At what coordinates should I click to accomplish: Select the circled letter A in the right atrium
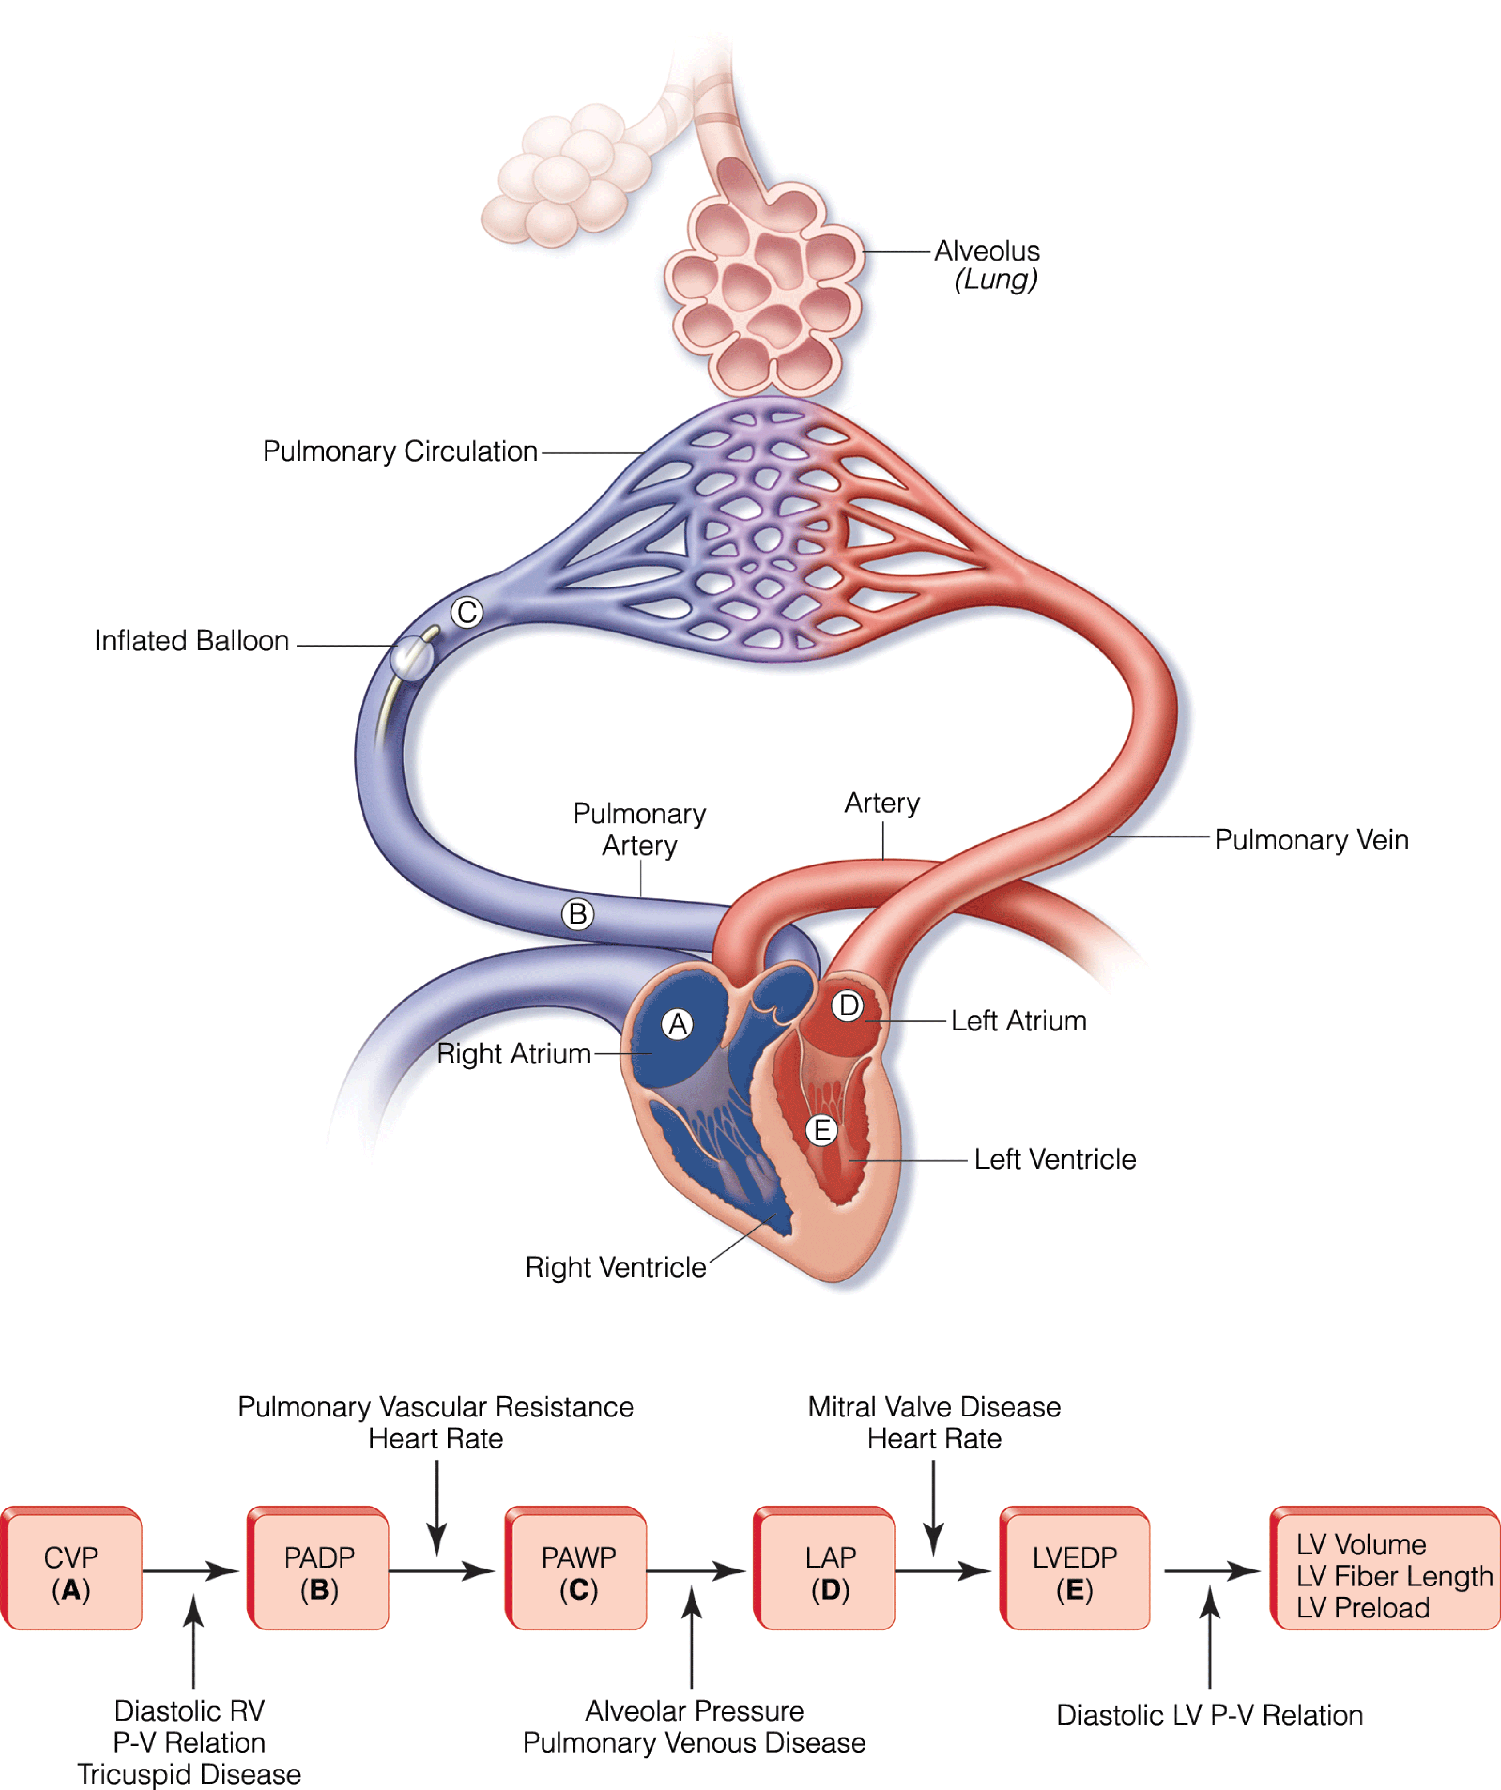click(678, 1024)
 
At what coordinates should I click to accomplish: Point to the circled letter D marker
click(848, 1006)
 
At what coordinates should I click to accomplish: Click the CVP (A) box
click(72, 1573)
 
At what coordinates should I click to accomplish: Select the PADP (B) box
click(319, 1573)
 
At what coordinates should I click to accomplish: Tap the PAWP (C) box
click(578, 1573)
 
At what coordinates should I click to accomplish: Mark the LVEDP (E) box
click(1075, 1573)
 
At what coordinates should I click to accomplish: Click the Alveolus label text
click(987, 251)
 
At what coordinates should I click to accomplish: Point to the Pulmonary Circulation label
click(400, 451)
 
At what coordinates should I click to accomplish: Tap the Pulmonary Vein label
click(1311, 840)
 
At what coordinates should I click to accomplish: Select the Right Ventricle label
click(616, 1267)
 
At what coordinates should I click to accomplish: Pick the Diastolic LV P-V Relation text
click(1210, 1715)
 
